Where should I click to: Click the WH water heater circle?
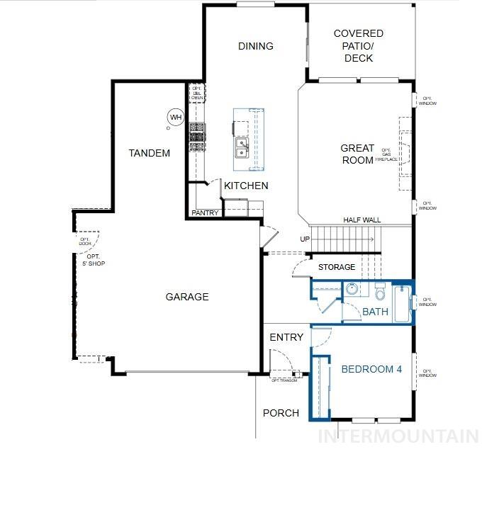[175, 117]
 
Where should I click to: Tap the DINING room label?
[255, 46]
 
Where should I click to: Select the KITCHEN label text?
[246, 186]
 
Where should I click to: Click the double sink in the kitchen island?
[242, 147]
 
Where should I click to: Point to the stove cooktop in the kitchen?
[196, 137]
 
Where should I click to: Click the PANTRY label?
[206, 212]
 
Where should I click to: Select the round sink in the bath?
[352, 289]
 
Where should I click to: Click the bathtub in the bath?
[402, 303]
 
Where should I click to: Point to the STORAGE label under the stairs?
[337, 267]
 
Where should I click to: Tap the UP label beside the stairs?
[305, 239]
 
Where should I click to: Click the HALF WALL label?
[361, 220]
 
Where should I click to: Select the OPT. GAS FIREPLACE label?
[387, 155]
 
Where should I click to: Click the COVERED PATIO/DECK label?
[359, 45]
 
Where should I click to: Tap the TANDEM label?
[150, 153]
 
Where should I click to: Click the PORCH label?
[281, 413]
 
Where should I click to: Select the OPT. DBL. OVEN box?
[196, 93]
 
